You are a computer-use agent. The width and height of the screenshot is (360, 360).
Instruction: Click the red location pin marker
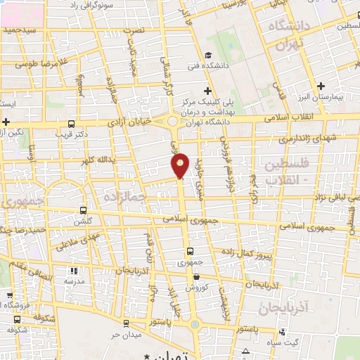click(x=181, y=165)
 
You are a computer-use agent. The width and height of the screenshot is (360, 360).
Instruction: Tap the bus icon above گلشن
click(x=84, y=210)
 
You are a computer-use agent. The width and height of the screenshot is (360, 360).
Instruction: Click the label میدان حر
click(x=125, y=335)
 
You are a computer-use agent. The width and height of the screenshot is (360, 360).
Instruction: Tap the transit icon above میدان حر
click(x=125, y=324)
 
